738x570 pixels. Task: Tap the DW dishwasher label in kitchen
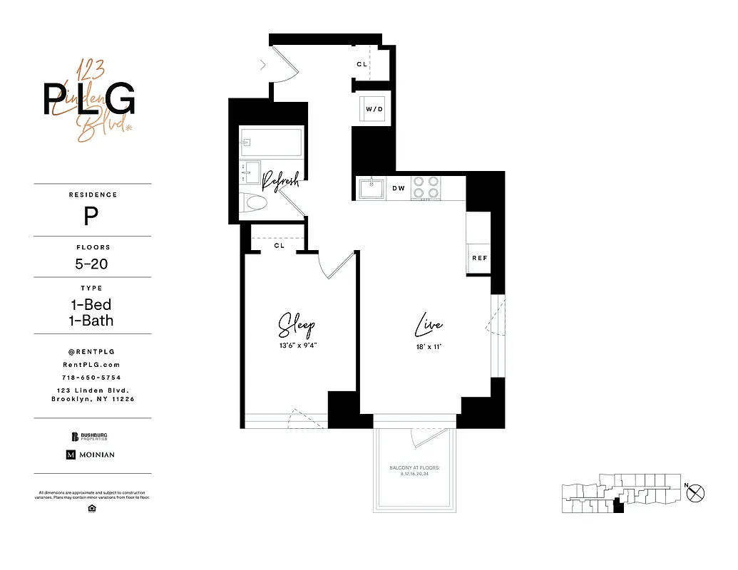[399, 189]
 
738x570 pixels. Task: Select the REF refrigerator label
[479, 258]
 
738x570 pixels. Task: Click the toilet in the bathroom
[252, 203]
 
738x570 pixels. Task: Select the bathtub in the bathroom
[270, 142]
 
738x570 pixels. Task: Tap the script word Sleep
[296, 326]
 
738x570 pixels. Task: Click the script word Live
[429, 326]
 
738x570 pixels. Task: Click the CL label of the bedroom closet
[280, 246]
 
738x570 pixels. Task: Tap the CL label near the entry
[362, 64]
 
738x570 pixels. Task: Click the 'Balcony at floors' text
[414, 470]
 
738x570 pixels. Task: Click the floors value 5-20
[92, 264]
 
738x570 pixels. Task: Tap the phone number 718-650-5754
[92, 377]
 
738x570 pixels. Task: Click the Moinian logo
[91, 455]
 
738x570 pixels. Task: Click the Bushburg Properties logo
[92, 437]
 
